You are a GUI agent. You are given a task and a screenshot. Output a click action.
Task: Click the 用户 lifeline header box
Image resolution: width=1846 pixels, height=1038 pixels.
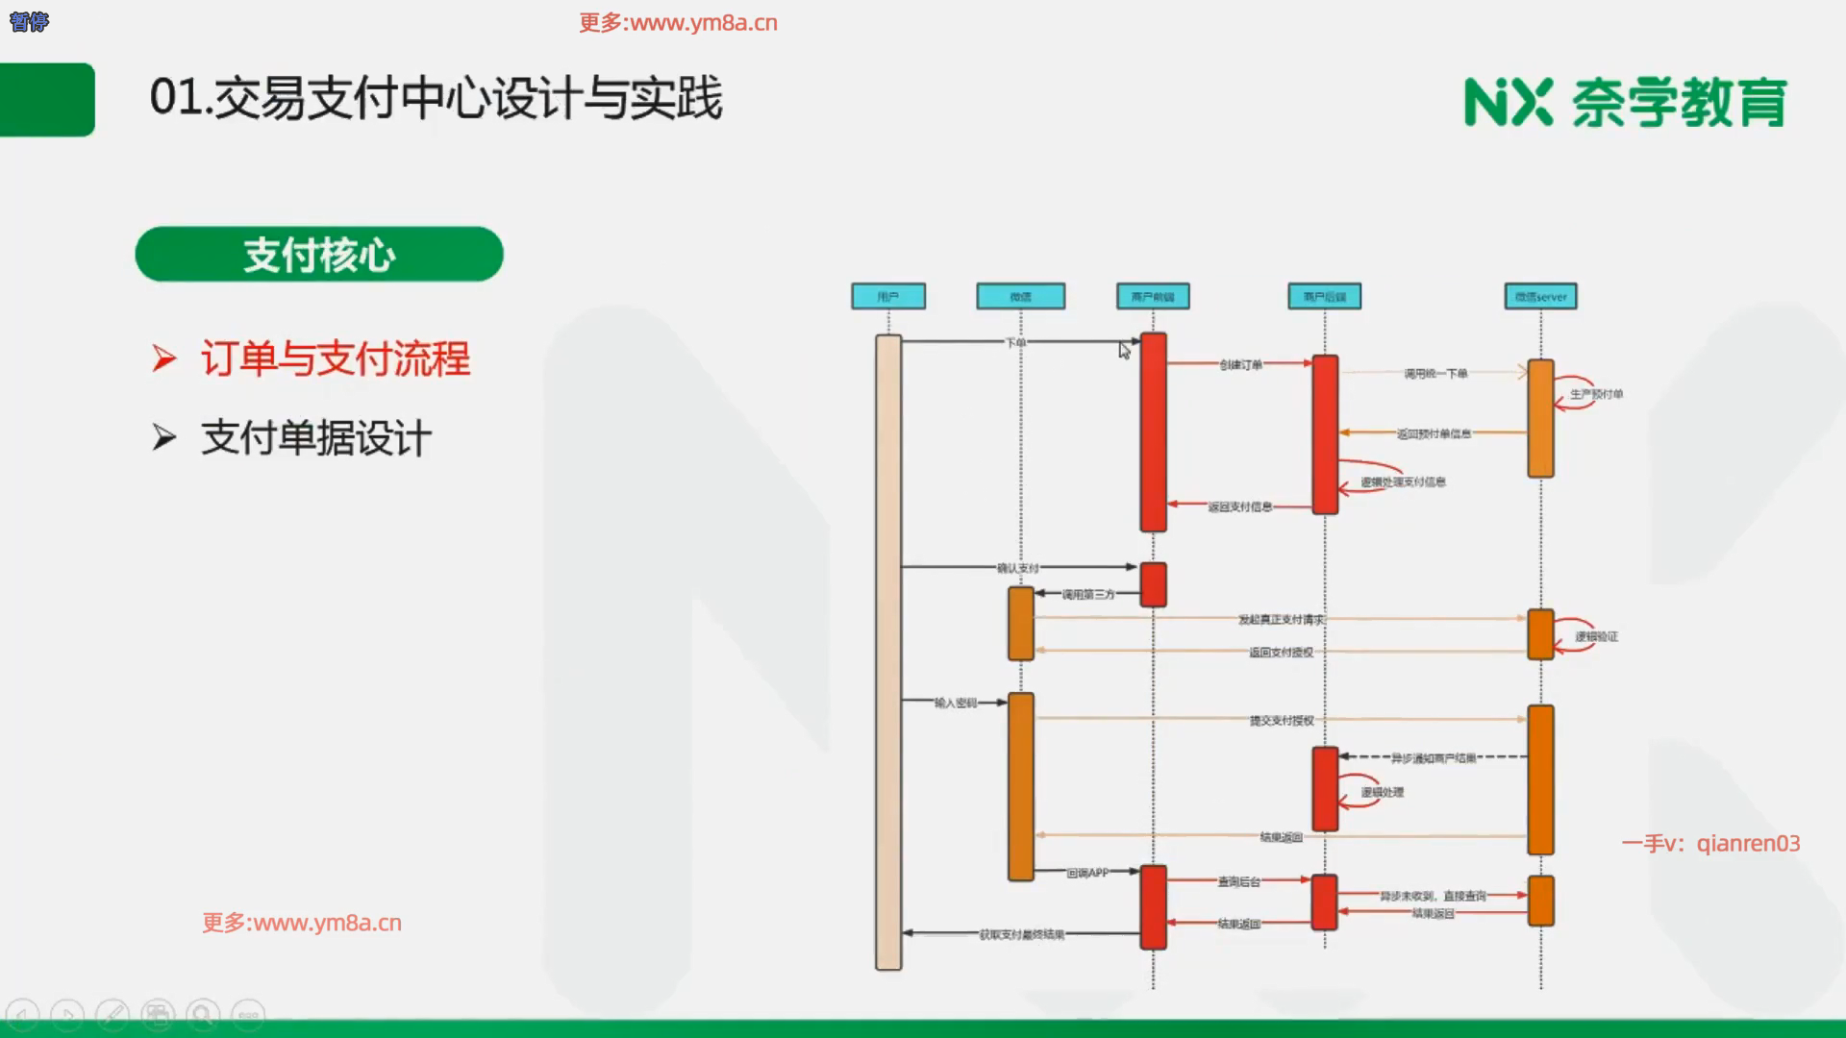tap(888, 296)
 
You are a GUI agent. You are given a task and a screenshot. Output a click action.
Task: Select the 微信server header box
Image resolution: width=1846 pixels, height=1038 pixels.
tap(1540, 296)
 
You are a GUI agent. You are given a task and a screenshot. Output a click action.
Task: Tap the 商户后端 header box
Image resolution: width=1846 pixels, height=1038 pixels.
tap(1324, 296)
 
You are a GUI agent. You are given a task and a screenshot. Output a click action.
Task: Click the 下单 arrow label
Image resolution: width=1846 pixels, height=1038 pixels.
tap(1015, 342)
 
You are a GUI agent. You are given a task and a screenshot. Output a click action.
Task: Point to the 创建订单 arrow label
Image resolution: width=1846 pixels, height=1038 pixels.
tap(1240, 364)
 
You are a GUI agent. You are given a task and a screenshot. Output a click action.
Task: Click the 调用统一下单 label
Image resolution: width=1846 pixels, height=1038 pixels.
tap(1435, 373)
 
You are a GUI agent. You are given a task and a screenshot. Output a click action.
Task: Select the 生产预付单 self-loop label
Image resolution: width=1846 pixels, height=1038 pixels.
tap(1596, 394)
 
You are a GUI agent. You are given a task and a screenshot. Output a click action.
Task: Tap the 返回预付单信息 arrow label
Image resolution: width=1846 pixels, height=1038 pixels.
tap(1434, 433)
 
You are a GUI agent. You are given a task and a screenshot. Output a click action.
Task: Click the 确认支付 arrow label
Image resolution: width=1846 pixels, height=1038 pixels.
tap(1017, 568)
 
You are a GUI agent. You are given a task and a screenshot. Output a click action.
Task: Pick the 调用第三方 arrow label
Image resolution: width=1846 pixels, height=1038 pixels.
tap(1088, 594)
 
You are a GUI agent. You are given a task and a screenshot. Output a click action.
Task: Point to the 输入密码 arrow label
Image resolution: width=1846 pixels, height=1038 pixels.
tap(955, 703)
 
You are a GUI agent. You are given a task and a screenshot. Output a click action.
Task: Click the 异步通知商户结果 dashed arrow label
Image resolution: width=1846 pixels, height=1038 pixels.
tap(1434, 758)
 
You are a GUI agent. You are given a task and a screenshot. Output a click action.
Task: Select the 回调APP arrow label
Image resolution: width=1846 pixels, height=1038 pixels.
tap(1087, 873)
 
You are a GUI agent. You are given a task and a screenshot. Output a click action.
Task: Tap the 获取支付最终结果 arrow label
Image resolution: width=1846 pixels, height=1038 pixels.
tap(1021, 934)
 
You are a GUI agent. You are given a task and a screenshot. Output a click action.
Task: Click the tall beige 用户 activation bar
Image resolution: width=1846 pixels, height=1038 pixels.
tap(888, 654)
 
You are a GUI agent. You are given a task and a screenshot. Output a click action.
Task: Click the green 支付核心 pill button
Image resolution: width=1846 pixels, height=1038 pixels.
tap(319, 255)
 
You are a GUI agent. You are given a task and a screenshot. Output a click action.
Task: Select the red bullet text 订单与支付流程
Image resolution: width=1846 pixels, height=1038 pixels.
tap(336, 359)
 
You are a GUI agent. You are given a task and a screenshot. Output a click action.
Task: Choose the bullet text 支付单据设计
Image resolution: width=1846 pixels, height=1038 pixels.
tap(316, 438)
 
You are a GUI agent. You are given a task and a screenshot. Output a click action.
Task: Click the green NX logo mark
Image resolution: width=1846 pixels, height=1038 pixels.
tap(1508, 102)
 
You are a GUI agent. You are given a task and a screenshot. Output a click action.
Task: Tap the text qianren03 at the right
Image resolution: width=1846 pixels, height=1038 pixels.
tap(1748, 844)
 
